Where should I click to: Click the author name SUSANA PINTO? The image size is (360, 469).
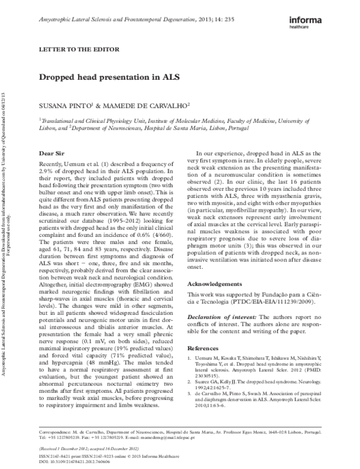[x=62, y=104]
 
